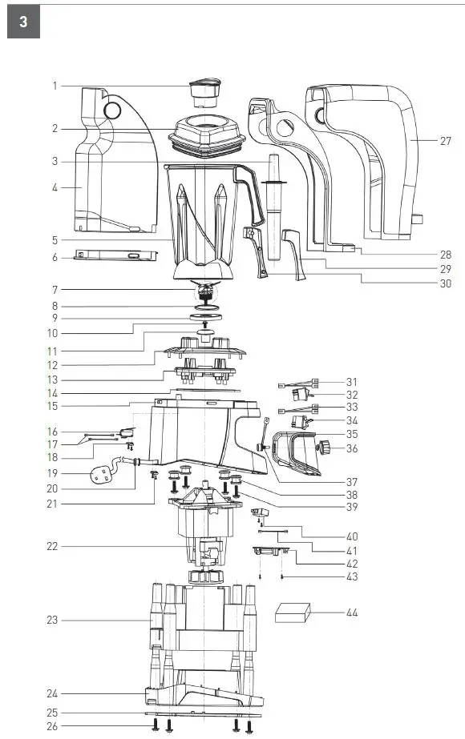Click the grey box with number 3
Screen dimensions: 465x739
[23, 22]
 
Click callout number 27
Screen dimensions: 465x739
[445, 141]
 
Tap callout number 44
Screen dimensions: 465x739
[352, 612]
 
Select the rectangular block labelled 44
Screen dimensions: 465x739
[293, 612]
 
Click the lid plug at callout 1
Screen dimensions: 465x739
[205, 94]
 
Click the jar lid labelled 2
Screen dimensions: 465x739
[207, 136]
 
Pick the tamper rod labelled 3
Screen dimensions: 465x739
[273, 207]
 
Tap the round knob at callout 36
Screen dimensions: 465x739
[325, 447]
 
